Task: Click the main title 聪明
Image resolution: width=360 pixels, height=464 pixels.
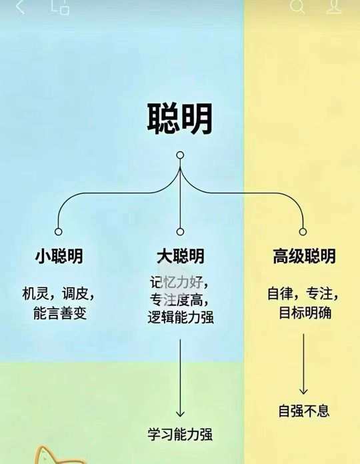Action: click(180, 119)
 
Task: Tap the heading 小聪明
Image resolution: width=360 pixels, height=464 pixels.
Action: click(59, 256)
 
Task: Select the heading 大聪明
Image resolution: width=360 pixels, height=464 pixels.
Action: click(181, 256)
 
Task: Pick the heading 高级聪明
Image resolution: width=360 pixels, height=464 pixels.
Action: click(304, 256)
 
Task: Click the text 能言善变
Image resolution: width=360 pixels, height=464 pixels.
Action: click(60, 313)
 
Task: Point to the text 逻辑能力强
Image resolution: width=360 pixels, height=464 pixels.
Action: click(181, 317)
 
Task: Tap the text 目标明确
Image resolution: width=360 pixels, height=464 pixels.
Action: click(305, 313)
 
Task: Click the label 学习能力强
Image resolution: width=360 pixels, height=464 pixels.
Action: click(180, 435)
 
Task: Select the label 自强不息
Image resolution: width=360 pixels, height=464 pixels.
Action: click(304, 411)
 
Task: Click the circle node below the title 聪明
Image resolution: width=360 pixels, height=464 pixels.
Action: click(180, 155)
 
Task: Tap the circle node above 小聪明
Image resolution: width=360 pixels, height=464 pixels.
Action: click(59, 231)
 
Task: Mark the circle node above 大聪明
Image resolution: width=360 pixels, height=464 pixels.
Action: click(180, 231)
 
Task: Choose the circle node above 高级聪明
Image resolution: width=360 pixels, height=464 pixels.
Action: click(303, 231)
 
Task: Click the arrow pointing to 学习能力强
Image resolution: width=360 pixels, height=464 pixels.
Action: click(180, 378)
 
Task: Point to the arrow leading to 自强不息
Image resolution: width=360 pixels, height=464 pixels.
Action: click(303, 364)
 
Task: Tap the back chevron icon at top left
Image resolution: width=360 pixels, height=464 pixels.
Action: click(21, 7)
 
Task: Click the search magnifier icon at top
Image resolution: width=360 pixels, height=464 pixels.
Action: click(297, 7)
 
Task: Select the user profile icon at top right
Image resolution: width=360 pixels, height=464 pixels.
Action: click(334, 7)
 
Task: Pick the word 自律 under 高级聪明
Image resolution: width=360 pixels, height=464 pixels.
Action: click(280, 294)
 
